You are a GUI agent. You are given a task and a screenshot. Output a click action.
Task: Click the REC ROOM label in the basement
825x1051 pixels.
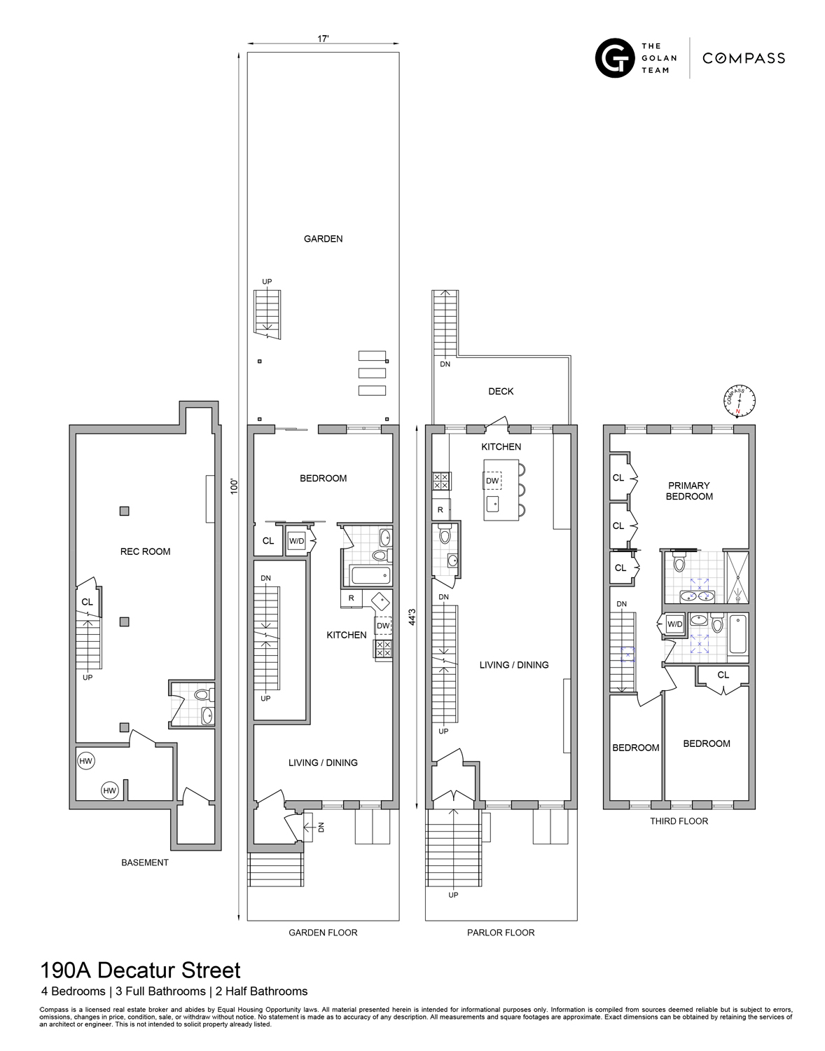click(x=145, y=551)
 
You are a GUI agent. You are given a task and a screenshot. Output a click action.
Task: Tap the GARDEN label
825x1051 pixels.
click(x=323, y=239)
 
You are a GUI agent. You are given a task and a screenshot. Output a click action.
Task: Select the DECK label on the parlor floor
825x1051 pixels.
click(x=501, y=391)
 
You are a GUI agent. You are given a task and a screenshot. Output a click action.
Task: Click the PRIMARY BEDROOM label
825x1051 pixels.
click(x=689, y=490)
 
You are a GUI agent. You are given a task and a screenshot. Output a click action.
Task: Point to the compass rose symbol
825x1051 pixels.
click(x=739, y=401)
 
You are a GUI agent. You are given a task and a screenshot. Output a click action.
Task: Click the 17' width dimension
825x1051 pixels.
click(x=323, y=39)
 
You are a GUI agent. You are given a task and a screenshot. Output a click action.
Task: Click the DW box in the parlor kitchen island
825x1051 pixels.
click(x=492, y=481)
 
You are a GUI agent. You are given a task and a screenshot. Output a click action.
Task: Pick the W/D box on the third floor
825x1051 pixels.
click(x=674, y=624)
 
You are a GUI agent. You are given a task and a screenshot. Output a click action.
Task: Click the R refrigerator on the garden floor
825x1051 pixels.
click(x=351, y=598)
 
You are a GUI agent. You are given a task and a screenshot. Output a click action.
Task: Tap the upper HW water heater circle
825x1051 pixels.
click(x=86, y=761)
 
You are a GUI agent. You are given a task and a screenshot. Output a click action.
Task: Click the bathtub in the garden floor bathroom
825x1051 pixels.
click(x=368, y=576)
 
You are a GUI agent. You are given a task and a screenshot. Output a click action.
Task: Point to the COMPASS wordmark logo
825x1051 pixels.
click(x=743, y=58)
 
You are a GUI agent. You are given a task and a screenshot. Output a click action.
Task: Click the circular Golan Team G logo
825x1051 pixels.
click(x=614, y=57)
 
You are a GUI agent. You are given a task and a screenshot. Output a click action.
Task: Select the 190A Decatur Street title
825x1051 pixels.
click(x=140, y=970)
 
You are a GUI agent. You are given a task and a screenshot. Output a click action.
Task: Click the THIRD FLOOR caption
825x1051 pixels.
click(x=679, y=820)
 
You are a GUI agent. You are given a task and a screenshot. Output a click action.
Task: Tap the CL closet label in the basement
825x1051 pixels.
click(x=87, y=602)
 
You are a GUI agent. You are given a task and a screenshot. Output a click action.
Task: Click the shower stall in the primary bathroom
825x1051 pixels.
click(x=736, y=577)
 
